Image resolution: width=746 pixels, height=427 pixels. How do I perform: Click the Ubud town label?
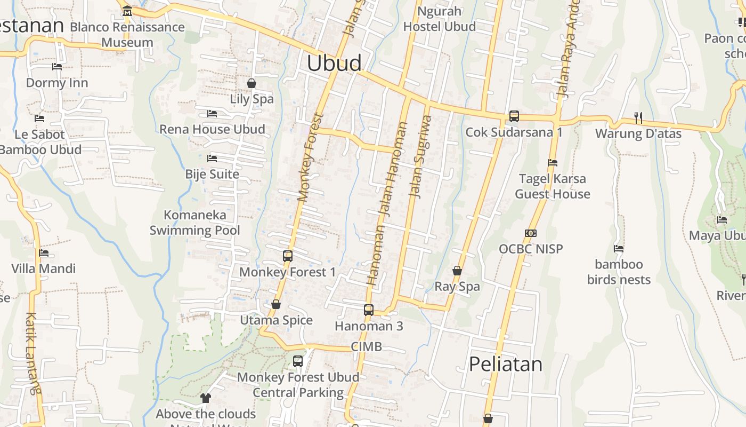click(x=334, y=63)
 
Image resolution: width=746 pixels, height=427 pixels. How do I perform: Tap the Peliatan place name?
click(x=506, y=364)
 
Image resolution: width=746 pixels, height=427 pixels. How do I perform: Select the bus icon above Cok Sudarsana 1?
click(x=514, y=116)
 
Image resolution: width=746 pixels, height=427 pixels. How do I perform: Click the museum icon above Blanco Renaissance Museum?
click(x=127, y=11)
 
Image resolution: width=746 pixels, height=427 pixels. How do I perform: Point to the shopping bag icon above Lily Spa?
click(x=252, y=83)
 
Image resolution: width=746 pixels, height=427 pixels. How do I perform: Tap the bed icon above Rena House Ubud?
click(x=212, y=114)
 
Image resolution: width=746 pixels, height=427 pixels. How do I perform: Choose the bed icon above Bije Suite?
click(x=212, y=159)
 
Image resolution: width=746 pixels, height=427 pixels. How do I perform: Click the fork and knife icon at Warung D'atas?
click(x=637, y=117)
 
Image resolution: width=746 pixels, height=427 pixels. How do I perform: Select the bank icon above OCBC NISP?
click(x=530, y=233)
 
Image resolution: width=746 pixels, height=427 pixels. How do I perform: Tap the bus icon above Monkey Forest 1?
click(x=288, y=256)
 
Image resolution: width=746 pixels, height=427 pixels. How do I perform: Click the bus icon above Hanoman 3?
click(x=368, y=310)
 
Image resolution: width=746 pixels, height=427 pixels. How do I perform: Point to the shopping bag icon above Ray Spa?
click(x=457, y=271)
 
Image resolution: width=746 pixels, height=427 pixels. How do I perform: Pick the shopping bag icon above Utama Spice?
click(x=276, y=304)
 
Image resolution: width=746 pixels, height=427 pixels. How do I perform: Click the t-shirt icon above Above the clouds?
click(x=206, y=398)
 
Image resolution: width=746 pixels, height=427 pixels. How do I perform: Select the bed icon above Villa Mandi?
click(x=44, y=253)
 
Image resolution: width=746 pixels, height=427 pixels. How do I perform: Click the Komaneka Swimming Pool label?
click(x=194, y=223)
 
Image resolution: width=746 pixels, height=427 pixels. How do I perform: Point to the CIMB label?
click(x=366, y=347)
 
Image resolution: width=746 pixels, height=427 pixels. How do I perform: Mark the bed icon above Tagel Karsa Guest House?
click(x=552, y=163)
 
